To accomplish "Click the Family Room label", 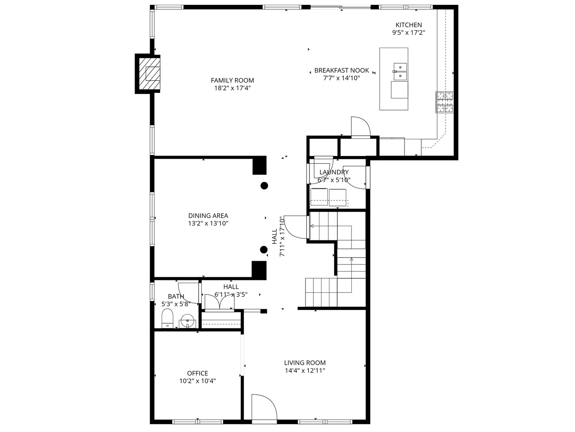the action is point(232,80).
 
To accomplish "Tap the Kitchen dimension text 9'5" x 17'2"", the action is point(408,33).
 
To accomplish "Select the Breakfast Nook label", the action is point(341,70).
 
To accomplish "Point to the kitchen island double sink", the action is point(400,71).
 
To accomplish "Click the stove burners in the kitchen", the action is point(445,102).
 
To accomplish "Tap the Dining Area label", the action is point(208,216).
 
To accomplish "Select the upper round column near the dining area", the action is point(264,186).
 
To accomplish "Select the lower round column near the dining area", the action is point(264,250).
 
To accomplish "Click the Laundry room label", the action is point(334,172).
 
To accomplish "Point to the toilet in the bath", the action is point(167,318).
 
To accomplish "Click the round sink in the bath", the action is point(187,320).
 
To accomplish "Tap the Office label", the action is point(198,373).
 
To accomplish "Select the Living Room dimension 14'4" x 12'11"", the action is point(305,370).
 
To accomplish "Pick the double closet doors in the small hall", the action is point(220,302).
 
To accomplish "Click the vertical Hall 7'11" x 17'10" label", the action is point(278,236).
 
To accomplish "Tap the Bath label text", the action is point(176,296).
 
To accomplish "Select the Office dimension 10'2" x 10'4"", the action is point(198,380).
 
